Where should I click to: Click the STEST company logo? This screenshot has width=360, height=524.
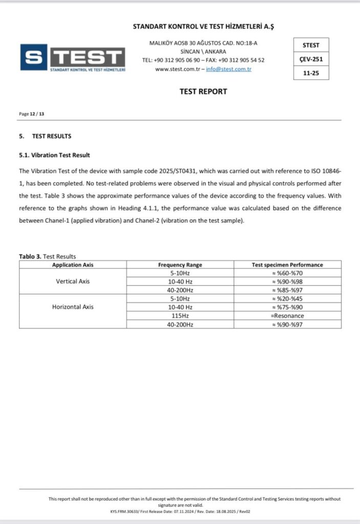point(73,57)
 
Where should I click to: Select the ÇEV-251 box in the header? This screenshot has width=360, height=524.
point(311,59)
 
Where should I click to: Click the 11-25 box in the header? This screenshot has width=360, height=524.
point(311,73)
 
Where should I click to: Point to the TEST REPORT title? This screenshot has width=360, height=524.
point(203,92)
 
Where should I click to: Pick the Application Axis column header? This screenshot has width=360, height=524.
point(73,265)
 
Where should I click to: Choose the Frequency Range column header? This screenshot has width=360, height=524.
point(180,265)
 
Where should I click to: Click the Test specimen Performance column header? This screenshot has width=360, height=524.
point(287,265)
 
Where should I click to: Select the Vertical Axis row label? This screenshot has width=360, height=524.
point(73,281)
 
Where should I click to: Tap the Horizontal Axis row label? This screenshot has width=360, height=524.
point(73,307)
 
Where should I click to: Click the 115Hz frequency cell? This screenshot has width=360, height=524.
point(180,316)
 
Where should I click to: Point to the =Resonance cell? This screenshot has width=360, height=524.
point(287,316)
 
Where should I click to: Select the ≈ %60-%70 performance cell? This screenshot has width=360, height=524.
point(287,273)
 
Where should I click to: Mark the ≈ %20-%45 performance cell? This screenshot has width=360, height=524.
point(287,299)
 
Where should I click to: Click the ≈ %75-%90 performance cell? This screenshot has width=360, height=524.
point(287,307)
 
